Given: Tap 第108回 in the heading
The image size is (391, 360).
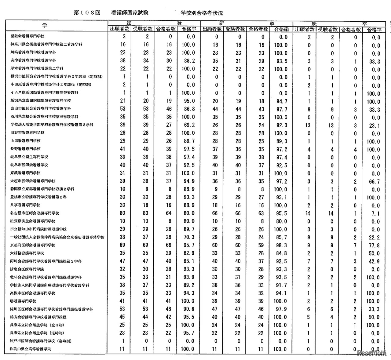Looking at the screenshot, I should coord(87,13).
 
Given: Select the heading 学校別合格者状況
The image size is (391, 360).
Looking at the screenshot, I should coord(202,13).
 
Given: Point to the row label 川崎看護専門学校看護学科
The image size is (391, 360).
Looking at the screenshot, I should coord(33,53).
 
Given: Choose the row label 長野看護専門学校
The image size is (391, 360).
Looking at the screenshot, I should coord(25,149).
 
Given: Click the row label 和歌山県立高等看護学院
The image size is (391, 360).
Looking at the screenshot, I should coord(31,349).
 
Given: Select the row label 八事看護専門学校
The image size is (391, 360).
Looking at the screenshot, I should coord(25,205).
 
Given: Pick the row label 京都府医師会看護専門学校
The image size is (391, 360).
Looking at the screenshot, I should coord(33,245).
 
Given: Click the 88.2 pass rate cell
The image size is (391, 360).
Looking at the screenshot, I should coord(188,61).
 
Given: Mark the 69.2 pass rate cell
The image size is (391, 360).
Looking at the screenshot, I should coord(188,125).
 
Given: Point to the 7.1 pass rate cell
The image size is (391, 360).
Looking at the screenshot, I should coord(374,213).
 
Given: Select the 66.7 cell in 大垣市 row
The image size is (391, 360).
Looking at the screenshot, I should coord(374,181).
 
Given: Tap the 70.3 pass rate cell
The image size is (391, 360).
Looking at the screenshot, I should coord(188,237).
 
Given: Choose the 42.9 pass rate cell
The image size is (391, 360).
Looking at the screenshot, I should coord(374,261).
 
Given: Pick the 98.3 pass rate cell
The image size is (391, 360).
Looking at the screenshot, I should coord(281,245).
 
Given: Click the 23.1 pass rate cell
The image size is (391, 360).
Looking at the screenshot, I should coord(374,125).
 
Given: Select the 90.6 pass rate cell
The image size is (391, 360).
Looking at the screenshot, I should coord(188,309).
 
